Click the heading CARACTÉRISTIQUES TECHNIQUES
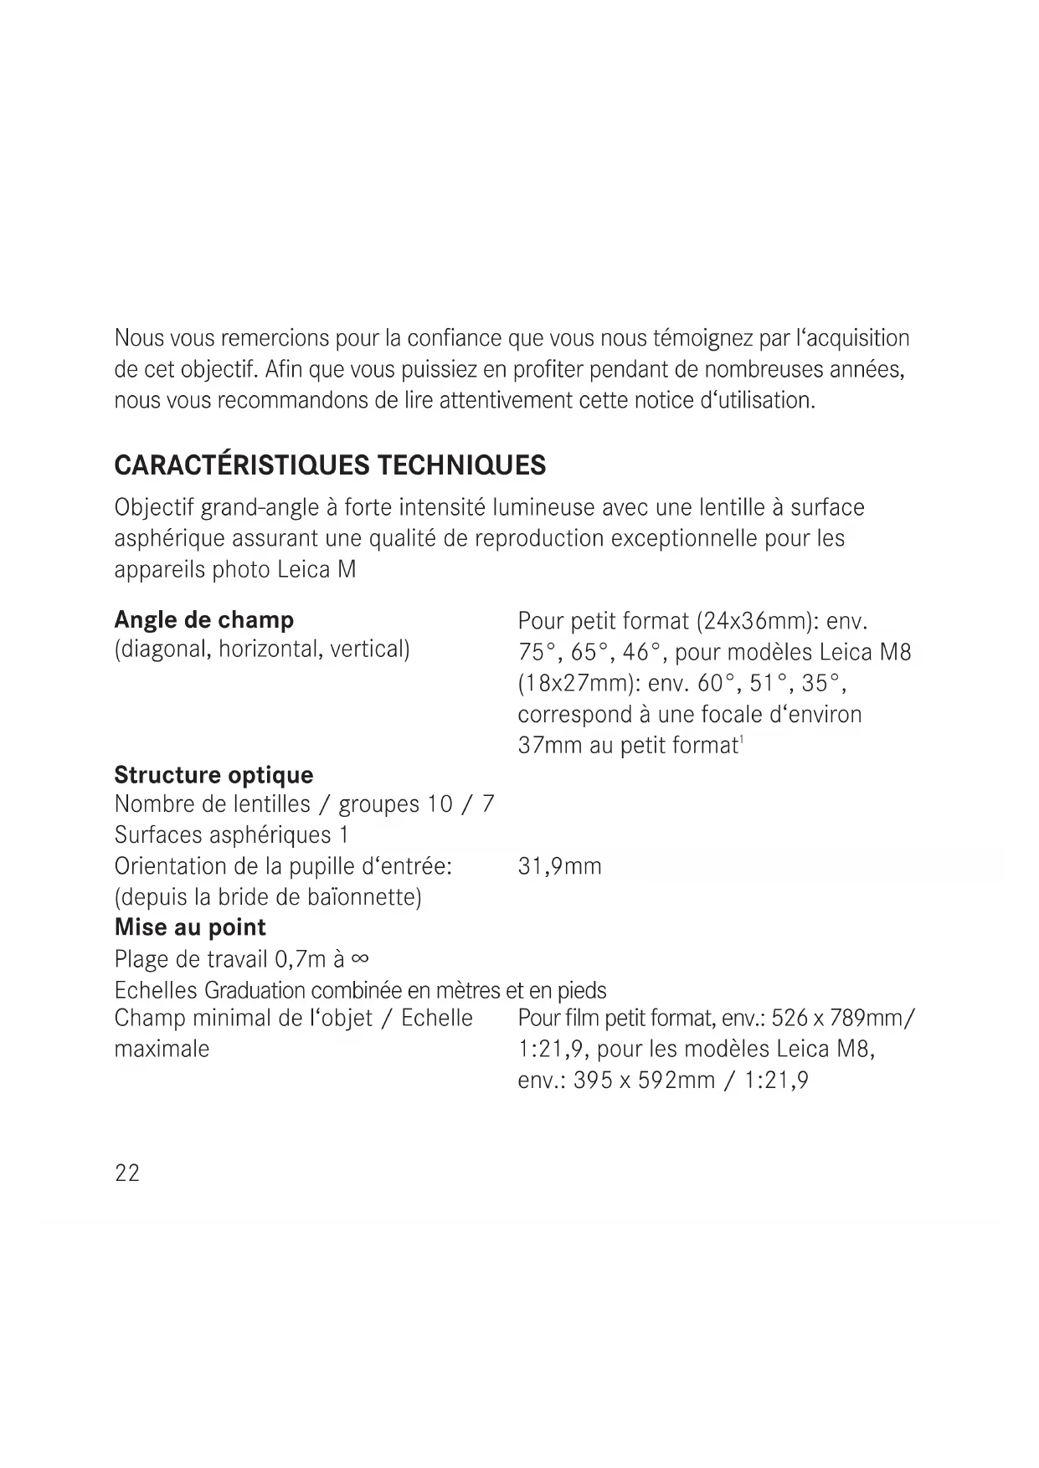(330, 465)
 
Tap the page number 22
(127, 1173)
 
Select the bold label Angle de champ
(203, 620)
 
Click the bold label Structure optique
(213, 775)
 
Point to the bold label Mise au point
(190, 927)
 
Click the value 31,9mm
(559, 866)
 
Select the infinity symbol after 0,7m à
(361, 959)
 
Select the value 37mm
(550, 746)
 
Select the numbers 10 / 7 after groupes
(460, 804)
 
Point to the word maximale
(162, 1050)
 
